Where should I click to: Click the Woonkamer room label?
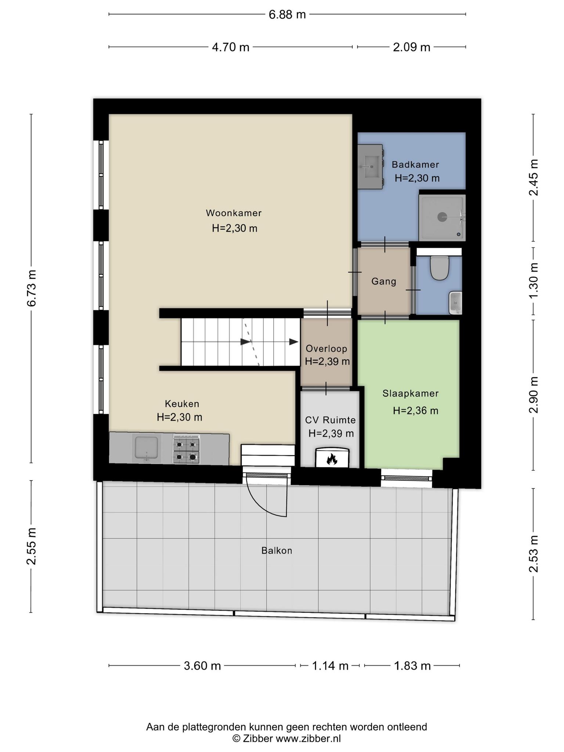click(234, 213)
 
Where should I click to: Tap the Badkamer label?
click(415, 164)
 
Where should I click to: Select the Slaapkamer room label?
click(411, 393)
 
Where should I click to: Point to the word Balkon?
click(277, 550)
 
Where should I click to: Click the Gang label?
click(384, 282)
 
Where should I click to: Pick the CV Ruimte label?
click(330, 420)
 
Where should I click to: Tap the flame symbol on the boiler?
click(332, 459)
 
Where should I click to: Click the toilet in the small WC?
click(440, 268)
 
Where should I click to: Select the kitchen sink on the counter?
click(147, 448)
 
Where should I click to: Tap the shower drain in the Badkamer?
click(442, 217)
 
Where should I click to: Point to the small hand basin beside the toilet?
click(455, 303)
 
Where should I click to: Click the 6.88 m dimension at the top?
click(287, 14)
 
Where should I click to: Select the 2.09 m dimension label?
click(412, 47)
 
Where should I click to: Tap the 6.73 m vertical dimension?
click(32, 288)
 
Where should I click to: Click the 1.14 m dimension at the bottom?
click(330, 665)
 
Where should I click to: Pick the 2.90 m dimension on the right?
click(534, 395)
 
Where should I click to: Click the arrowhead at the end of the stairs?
click(294, 342)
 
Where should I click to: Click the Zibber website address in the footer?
click(308, 738)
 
